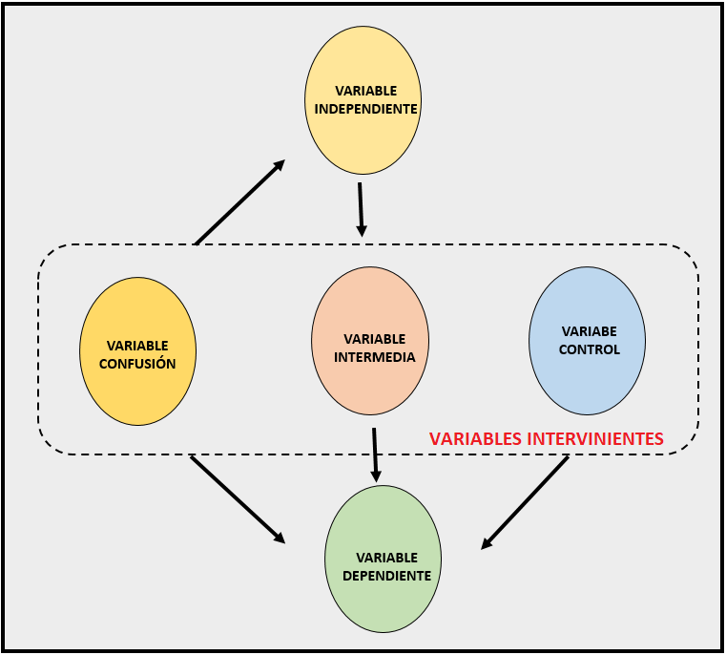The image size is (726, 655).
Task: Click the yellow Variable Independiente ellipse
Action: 363,134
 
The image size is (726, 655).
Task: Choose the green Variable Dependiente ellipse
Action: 383,602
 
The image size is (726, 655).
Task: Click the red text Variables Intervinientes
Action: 546,439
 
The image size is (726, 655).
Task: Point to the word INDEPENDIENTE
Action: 366,109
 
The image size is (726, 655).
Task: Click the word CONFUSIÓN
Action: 137,363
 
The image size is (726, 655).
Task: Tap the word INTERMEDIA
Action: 375,358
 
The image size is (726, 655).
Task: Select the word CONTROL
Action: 589,349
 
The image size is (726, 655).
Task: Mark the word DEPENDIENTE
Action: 386,576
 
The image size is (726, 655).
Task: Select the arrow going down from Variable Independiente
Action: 361,209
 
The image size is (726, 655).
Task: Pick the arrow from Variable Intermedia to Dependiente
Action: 375,454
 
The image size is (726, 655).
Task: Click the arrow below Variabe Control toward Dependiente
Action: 525,502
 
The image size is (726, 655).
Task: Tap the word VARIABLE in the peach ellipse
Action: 374,339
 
